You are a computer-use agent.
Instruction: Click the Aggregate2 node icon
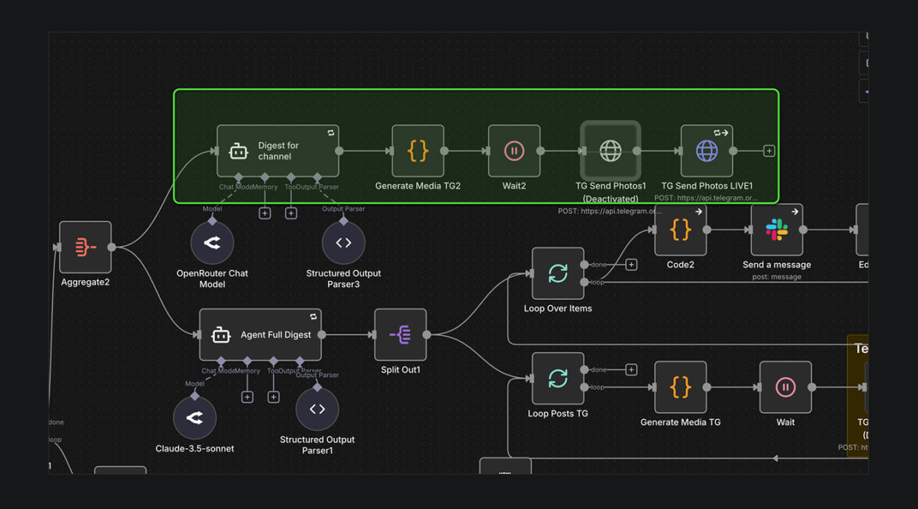(x=85, y=247)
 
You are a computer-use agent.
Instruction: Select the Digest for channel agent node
(x=277, y=151)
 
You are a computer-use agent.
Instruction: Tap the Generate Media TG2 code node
(x=418, y=151)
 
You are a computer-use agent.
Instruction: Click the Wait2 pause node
(x=514, y=151)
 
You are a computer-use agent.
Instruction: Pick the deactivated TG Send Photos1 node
(x=610, y=151)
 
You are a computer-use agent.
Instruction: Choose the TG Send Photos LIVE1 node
(x=706, y=151)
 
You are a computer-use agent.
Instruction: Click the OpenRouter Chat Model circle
(x=212, y=243)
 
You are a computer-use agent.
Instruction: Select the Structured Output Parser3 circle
(x=343, y=243)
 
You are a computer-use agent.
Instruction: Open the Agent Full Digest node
(x=260, y=335)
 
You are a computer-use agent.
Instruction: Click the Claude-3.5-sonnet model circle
(x=194, y=418)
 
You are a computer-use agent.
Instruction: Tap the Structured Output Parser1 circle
(x=317, y=409)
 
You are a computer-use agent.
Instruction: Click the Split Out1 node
(x=400, y=335)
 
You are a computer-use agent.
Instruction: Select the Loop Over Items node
(x=557, y=274)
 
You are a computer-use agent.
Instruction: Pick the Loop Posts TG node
(x=557, y=379)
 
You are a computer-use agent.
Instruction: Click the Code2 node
(x=680, y=230)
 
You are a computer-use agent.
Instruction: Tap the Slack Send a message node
(x=777, y=230)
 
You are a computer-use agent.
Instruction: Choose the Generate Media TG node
(x=680, y=387)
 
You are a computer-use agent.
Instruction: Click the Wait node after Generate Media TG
(x=785, y=387)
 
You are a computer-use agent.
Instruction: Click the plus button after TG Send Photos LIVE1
(x=769, y=151)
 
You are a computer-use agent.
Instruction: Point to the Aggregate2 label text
(x=85, y=282)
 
